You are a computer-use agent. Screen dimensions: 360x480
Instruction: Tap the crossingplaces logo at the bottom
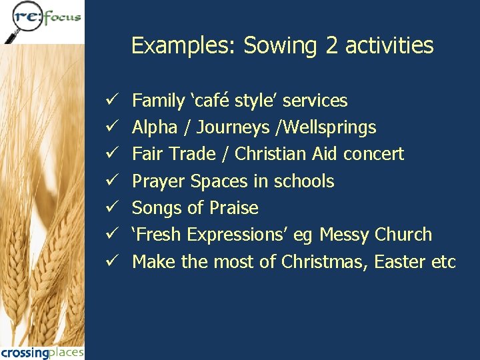click(x=42, y=352)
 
